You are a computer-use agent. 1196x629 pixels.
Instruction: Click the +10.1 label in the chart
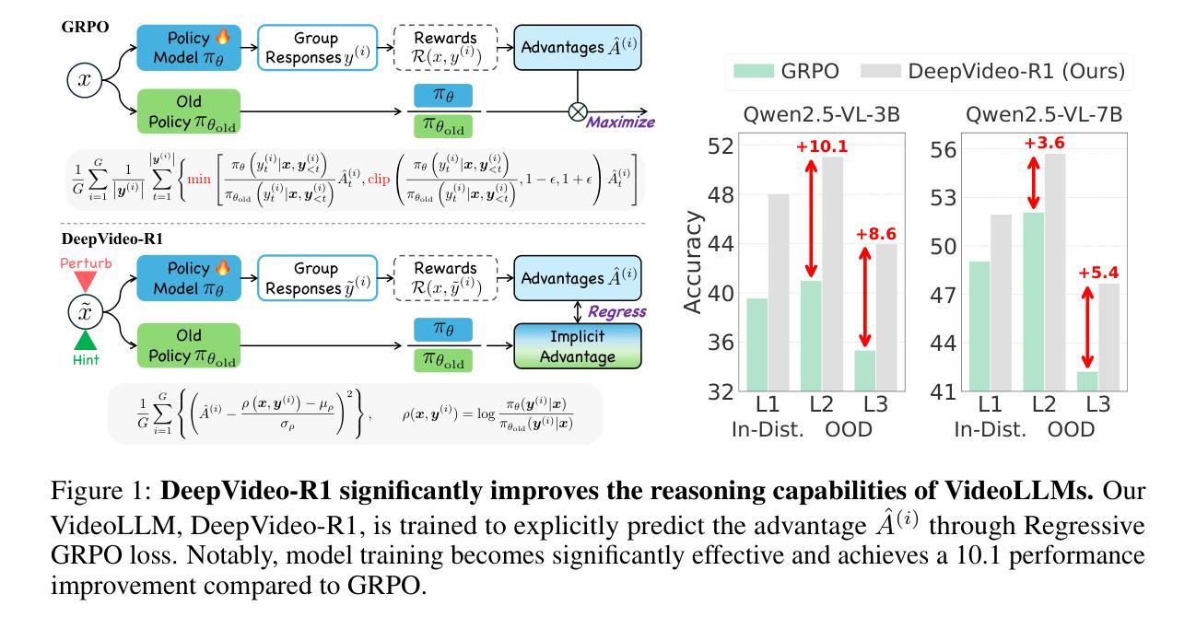click(x=821, y=146)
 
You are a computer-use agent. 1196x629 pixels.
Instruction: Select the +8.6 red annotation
click(x=875, y=235)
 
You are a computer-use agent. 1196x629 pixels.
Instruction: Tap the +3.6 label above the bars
click(x=1044, y=143)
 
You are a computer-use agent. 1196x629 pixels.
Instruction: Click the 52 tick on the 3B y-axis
click(x=724, y=146)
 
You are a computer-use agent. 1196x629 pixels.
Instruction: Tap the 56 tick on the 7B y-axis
click(x=945, y=150)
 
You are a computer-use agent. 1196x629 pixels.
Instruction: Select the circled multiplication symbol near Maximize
click(x=578, y=111)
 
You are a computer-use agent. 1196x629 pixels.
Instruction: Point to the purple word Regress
click(x=617, y=312)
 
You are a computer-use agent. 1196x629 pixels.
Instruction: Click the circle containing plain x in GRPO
click(x=85, y=80)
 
